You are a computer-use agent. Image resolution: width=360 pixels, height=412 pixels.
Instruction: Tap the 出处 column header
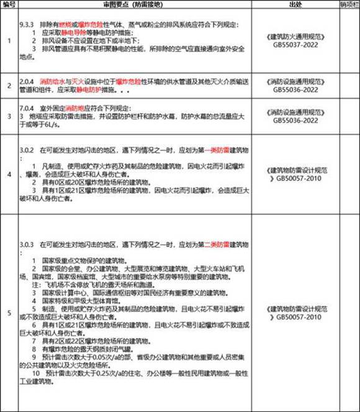coord(295,4)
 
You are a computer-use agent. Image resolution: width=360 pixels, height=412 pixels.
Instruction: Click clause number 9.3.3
coord(29,14)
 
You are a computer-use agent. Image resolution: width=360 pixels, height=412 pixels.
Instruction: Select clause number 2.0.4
coord(29,82)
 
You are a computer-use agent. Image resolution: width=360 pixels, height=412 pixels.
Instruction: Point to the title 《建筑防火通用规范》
coord(295,37)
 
